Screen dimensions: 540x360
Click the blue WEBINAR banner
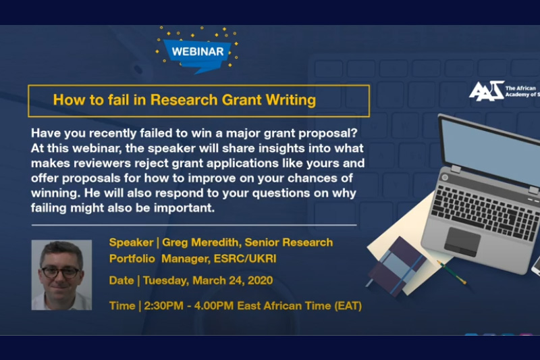197,54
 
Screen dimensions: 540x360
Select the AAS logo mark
486,91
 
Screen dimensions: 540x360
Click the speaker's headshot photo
61,275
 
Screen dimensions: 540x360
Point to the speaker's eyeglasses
61,272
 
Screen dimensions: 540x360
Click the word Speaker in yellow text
131,242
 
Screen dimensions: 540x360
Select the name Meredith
215,242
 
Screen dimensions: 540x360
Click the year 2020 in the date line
260,280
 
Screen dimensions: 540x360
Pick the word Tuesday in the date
165,280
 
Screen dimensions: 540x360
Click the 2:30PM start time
163,305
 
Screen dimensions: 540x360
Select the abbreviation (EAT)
348,305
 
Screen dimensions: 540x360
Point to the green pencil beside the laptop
452,272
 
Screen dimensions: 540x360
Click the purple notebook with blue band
396,266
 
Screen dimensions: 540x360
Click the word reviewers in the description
103,163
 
